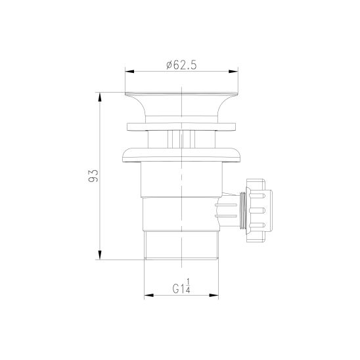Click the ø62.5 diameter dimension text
coord(181,65)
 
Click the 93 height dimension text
coord(93,175)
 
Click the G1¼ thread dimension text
coord(181,286)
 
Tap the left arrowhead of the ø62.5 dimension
coord(129,72)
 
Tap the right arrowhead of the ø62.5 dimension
coord(233,72)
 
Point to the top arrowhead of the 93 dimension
coord(100,97)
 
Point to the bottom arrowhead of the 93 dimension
coord(100,255)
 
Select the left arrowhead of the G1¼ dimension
coord(148,295)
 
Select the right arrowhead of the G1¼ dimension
coord(214,295)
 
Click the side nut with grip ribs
coord(259,210)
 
